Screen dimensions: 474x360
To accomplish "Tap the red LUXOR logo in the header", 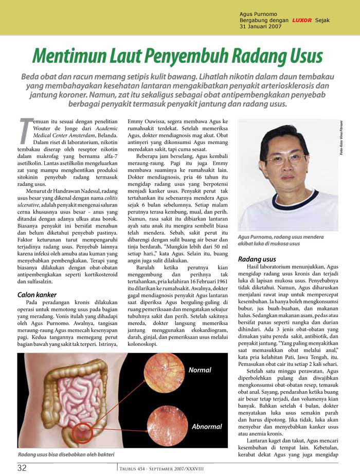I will (x=301, y=20).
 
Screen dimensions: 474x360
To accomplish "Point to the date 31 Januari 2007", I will (x=261, y=27).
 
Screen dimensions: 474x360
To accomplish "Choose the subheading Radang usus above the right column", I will (x=257, y=259).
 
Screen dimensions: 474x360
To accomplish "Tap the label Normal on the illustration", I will (x=200, y=370).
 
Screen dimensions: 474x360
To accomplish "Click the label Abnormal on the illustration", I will (x=207, y=427).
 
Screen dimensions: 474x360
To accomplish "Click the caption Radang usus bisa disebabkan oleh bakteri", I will (x=66, y=455).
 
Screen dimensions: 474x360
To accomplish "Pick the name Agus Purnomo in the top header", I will (x=258, y=13).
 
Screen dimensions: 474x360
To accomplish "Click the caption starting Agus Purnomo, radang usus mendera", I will (x=281, y=240).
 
